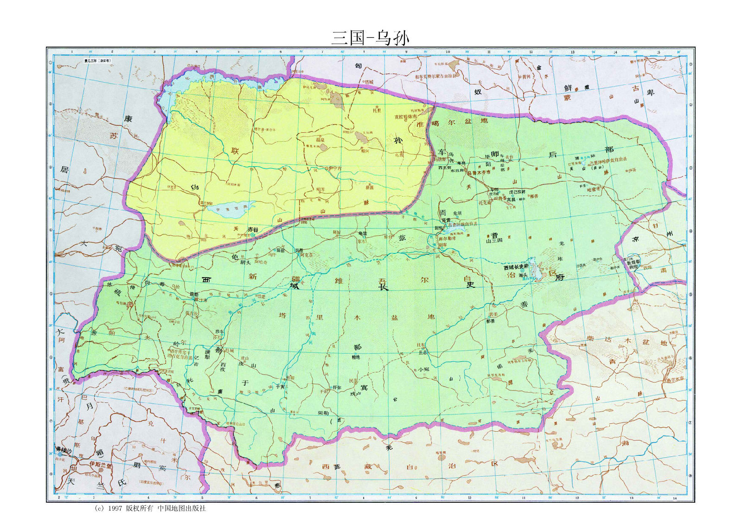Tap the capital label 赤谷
click(252, 229)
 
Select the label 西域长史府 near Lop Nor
click(516, 268)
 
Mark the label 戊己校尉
click(517, 192)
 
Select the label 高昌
click(511, 199)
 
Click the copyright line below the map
click(149, 508)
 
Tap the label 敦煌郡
click(633, 262)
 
